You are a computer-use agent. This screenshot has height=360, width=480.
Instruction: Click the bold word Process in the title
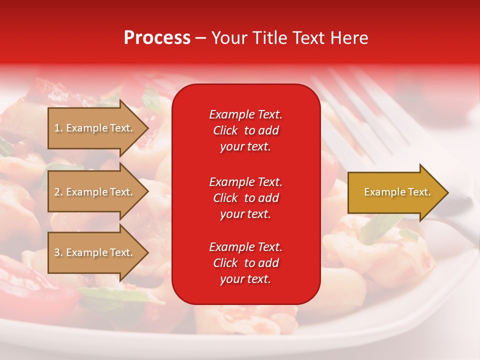[x=157, y=38]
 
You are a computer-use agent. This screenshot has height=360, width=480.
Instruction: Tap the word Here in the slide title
[x=348, y=38]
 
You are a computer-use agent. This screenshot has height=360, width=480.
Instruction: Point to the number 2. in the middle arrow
[x=58, y=192]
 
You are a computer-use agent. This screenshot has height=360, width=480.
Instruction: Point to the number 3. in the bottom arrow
[x=58, y=252]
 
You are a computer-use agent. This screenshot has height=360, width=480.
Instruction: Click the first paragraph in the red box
[x=245, y=130]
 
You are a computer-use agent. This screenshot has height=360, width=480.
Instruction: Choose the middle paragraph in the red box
[x=245, y=198]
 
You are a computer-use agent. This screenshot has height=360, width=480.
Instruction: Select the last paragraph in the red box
[x=245, y=263]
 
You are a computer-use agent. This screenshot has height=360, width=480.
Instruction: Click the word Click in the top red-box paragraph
[x=225, y=130]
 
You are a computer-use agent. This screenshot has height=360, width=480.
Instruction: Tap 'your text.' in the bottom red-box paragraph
[x=245, y=279]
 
